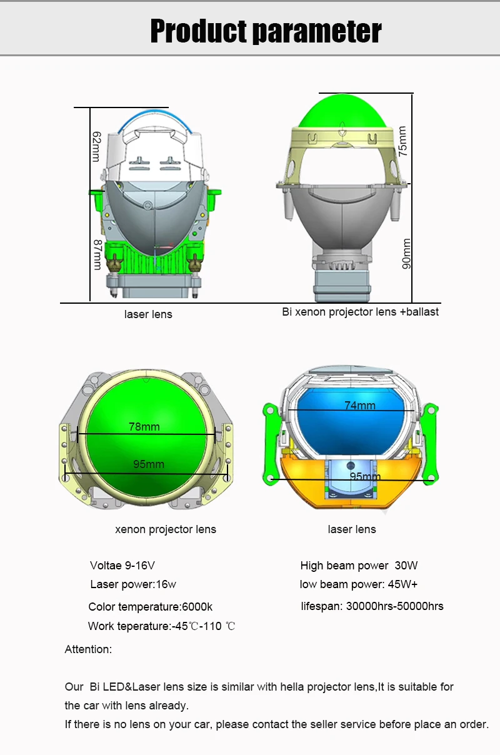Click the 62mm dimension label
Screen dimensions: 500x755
[x=96, y=147]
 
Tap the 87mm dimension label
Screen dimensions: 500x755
[x=97, y=255]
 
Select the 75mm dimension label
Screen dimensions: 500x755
[x=402, y=141]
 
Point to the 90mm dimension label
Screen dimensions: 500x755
[x=407, y=254]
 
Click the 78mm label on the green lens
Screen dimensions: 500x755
[x=144, y=427]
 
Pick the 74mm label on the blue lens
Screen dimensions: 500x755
[x=360, y=405]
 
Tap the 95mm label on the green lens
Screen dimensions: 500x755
[x=149, y=464]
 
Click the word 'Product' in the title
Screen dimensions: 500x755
[x=199, y=31]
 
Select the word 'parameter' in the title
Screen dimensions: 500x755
[x=317, y=32]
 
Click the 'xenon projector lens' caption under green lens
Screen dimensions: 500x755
[x=166, y=529]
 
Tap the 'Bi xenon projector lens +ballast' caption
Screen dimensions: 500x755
[x=361, y=312]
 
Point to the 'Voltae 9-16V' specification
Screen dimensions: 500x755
[x=122, y=565]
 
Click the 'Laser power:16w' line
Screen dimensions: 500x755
[x=133, y=584]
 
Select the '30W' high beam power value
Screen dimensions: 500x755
[x=406, y=565]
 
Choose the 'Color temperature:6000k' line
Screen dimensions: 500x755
[x=151, y=607]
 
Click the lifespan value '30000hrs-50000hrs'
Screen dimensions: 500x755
[x=395, y=606]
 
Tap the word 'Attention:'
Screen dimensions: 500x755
[x=88, y=649]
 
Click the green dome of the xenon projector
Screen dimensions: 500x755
[x=342, y=111]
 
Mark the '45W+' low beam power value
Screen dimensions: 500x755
[x=402, y=584]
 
